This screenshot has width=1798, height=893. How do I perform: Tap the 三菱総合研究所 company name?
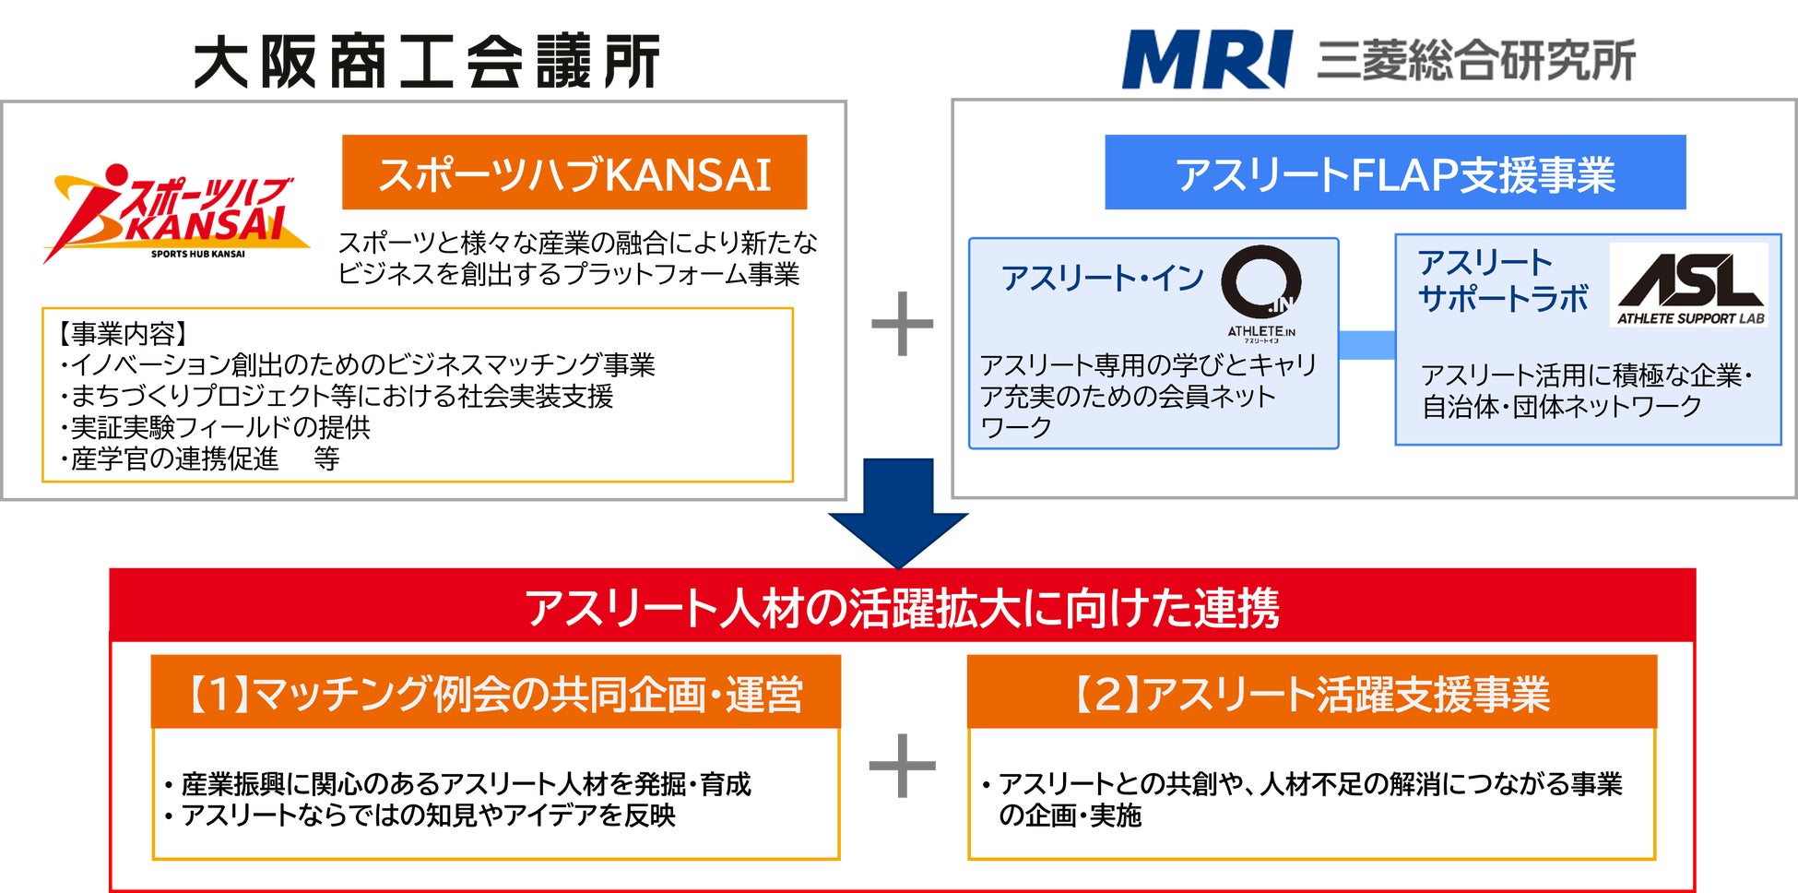click(x=1475, y=61)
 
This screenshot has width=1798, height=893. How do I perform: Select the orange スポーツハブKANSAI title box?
click(x=574, y=173)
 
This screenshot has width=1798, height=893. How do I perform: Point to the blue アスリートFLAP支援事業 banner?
click(x=1394, y=173)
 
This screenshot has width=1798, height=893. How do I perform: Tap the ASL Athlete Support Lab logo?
click(x=1690, y=285)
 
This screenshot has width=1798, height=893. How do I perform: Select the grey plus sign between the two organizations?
click(x=902, y=324)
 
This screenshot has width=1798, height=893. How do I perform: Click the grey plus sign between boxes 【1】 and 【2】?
click(x=902, y=766)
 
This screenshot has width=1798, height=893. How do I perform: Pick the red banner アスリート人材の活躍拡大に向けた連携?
click(x=902, y=607)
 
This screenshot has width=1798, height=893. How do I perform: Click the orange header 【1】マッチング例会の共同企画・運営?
click(x=495, y=694)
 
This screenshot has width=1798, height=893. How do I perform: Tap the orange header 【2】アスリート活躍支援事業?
click(x=1311, y=694)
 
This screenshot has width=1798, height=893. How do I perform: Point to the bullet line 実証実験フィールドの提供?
click(x=217, y=427)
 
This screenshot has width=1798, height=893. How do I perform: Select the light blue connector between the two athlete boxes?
click(x=1366, y=344)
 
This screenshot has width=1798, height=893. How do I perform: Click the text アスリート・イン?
click(x=1102, y=278)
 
